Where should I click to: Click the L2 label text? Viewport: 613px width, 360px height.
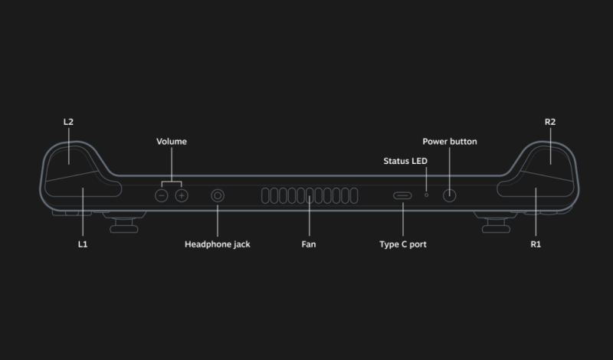pyautogui.click(x=68, y=122)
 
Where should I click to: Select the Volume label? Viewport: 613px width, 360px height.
pyautogui.click(x=172, y=142)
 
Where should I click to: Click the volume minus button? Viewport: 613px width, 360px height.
pyautogui.click(x=161, y=195)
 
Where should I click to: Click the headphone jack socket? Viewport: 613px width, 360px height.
pyautogui.click(x=218, y=195)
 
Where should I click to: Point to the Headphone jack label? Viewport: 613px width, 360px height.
pyautogui.click(x=218, y=244)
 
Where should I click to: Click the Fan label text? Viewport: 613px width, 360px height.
pyautogui.click(x=309, y=244)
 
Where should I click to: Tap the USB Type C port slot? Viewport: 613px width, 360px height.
pyautogui.click(x=403, y=195)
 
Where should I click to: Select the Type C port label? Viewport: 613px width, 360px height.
pyautogui.click(x=403, y=244)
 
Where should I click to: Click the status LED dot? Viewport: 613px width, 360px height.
pyautogui.click(x=427, y=195)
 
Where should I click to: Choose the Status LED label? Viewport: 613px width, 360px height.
pyautogui.click(x=405, y=161)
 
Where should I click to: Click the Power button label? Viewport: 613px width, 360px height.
pyautogui.click(x=450, y=142)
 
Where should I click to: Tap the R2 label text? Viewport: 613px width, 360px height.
pyautogui.click(x=550, y=122)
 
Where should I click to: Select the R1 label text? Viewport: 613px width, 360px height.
pyautogui.click(x=536, y=244)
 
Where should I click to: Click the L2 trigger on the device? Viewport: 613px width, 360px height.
pyautogui.click(x=69, y=157)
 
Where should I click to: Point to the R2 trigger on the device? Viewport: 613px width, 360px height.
pyautogui.click(x=550, y=157)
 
